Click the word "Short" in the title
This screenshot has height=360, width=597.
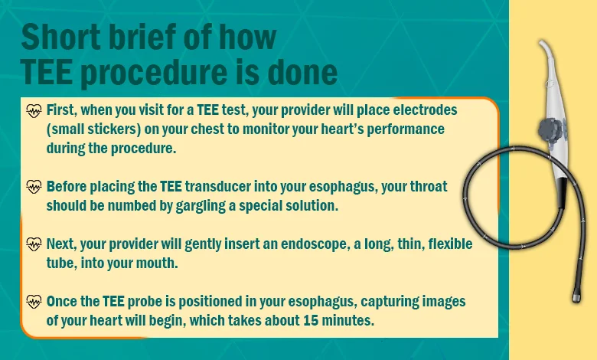pos(62,37)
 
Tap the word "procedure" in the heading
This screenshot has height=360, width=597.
pos(153,73)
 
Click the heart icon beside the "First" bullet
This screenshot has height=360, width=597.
pos(34,111)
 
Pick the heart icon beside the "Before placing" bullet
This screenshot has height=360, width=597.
pos(34,187)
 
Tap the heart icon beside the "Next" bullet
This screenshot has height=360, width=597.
pos(34,244)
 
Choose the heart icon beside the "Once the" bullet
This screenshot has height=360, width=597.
pos(34,302)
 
